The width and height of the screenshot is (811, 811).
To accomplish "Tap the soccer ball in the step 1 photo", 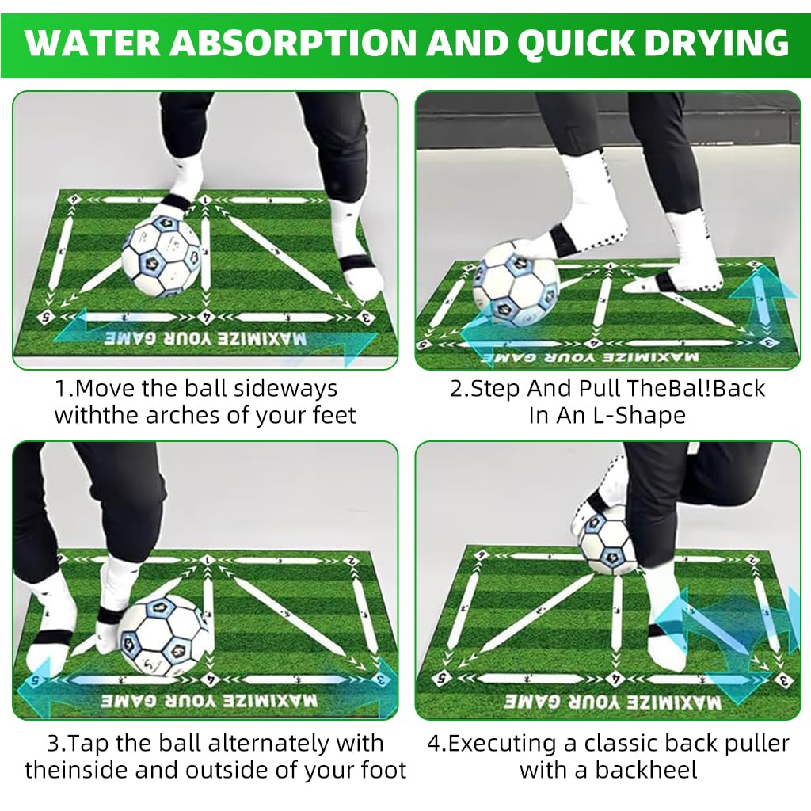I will tap(162, 255).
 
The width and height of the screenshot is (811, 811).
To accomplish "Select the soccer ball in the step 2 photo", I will tap(516, 284).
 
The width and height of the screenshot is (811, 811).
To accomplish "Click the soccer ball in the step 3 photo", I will tap(164, 635).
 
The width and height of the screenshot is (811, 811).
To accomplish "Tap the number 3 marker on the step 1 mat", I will tap(364, 318).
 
